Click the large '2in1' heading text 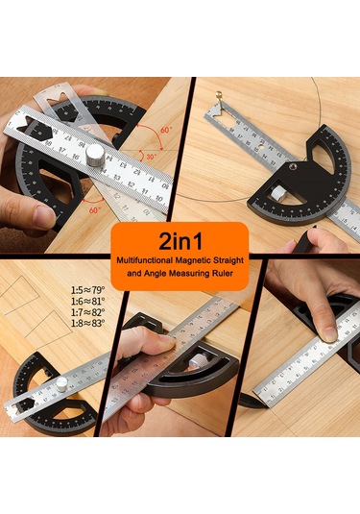[x=180, y=238]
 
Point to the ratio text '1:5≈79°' [x=87, y=289]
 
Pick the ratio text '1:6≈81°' [x=87, y=302]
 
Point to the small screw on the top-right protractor [x=292, y=164]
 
